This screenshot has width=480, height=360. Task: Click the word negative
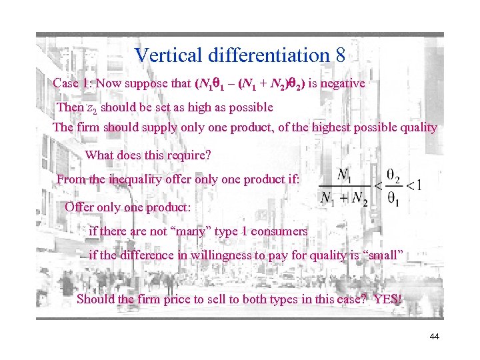point(342,84)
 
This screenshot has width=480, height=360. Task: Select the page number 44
point(434,337)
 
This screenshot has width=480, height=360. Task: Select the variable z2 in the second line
point(92,107)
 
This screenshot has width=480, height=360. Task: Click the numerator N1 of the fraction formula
point(344,175)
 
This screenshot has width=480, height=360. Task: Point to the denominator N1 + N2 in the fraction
point(344,199)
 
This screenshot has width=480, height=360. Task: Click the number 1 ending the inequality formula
point(418,185)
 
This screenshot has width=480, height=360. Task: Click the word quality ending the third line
point(418,127)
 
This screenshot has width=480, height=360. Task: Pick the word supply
point(150,127)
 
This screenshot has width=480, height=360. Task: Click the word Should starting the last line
point(96,299)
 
